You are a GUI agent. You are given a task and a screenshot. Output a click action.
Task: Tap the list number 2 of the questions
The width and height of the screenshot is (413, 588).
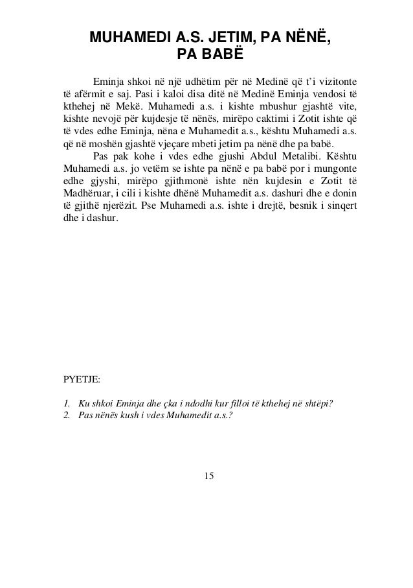pos(67,416)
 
